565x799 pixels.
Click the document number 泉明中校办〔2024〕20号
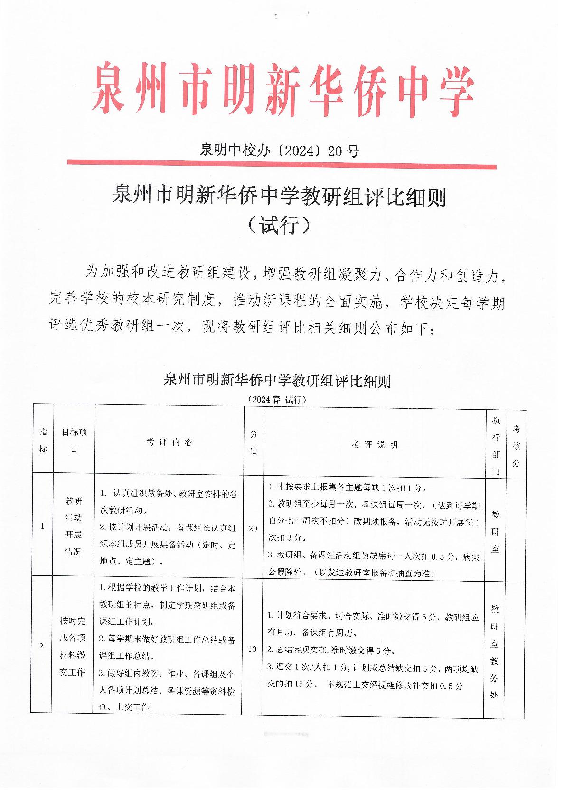(x=279, y=151)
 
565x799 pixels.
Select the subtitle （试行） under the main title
(x=279, y=225)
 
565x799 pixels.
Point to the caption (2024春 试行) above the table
(x=277, y=399)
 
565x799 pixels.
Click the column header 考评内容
(x=169, y=442)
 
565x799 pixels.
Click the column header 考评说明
(x=374, y=444)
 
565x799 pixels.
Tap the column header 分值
(x=254, y=443)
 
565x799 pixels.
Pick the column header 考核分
(x=516, y=446)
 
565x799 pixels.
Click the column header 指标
(x=43, y=440)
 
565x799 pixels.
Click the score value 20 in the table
(x=253, y=528)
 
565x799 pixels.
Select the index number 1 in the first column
(x=43, y=526)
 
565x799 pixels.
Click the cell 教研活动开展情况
(x=74, y=526)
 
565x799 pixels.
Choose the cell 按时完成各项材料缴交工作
(x=73, y=647)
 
